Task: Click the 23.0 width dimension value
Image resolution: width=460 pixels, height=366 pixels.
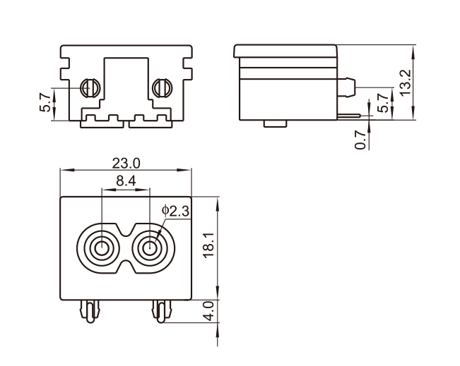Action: click(x=126, y=163)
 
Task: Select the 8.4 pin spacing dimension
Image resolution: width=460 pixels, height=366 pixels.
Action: click(x=126, y=181)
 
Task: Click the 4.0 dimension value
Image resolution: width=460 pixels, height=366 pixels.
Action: click(x=208, y=310)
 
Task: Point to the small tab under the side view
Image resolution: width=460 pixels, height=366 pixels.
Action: click(x=274, y=124)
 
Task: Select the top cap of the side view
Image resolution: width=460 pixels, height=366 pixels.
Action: click(x=285, y=50)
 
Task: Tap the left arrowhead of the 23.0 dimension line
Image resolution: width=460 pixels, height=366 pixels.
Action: click(x=64, y=170)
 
